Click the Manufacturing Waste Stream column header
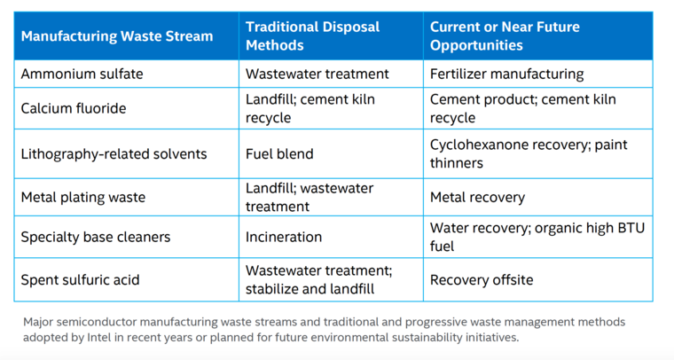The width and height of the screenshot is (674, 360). click(x=117, y=36)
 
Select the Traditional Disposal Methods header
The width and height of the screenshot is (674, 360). click(x=312, y=36)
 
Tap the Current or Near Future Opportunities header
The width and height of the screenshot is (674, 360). click(x=505, y=36)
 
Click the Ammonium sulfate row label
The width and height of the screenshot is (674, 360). click(x=82, y=74)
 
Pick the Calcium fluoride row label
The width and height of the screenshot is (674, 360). click(x=74, y=108)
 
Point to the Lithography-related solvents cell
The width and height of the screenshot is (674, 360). click(x=114, y=153)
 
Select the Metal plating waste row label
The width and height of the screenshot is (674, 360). click(x=83, y=197)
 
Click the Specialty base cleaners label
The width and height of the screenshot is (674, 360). click(x=96, y=237)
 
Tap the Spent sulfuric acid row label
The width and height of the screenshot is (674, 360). click(x=81, y=279)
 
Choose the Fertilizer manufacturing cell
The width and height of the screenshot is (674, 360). click(x=506, y=74)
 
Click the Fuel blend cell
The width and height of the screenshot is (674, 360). click(x=279, y=153)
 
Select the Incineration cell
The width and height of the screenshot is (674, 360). click(x=284, y=237)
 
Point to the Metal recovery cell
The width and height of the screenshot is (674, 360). click(x=477, y=197)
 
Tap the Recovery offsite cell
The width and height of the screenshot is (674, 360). click(x=482, y=279)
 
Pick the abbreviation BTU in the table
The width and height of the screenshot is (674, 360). click(x=631, y=228)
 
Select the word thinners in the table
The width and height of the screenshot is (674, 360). click(x=457, y=163)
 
